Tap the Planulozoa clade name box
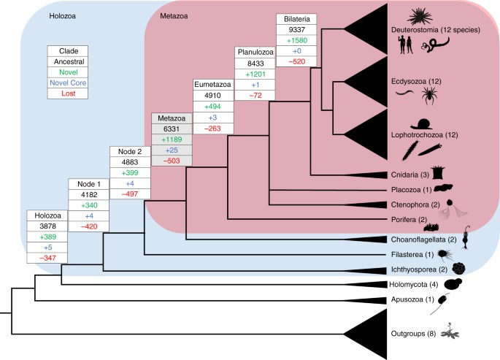tap(255, 53)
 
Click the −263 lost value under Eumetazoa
tap(212, 129)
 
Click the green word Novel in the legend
tap(68, 74)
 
